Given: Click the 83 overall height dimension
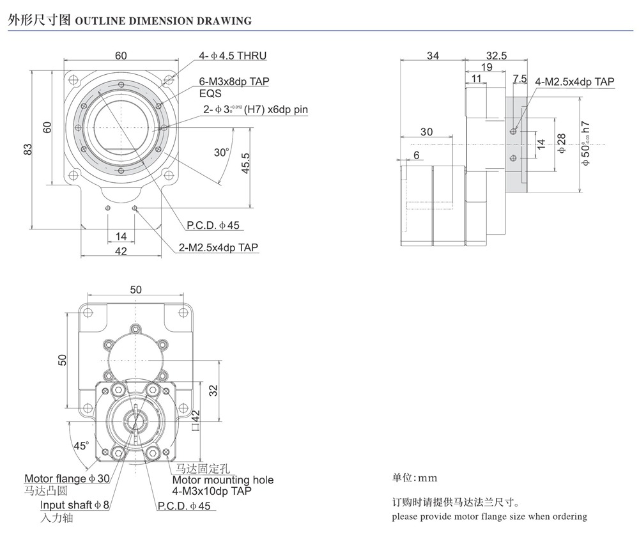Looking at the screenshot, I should (27, 148).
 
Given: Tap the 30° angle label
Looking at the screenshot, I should (221, 152).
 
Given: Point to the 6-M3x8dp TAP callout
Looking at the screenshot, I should (235, 81).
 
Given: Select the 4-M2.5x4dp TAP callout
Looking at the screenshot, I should (574, 81).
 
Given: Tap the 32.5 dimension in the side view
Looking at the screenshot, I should (496, 56).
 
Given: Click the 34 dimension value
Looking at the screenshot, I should (433, 56).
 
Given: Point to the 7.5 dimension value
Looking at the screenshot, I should (520, 79).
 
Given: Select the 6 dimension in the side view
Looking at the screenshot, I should (417, 155).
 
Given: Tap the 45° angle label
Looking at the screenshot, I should (81, 446).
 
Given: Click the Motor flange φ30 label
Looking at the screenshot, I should (67, 478).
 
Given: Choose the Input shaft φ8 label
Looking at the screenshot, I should (75, 505).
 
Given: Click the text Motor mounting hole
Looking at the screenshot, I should (223, 480).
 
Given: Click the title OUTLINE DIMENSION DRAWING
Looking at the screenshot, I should (164, 20).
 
